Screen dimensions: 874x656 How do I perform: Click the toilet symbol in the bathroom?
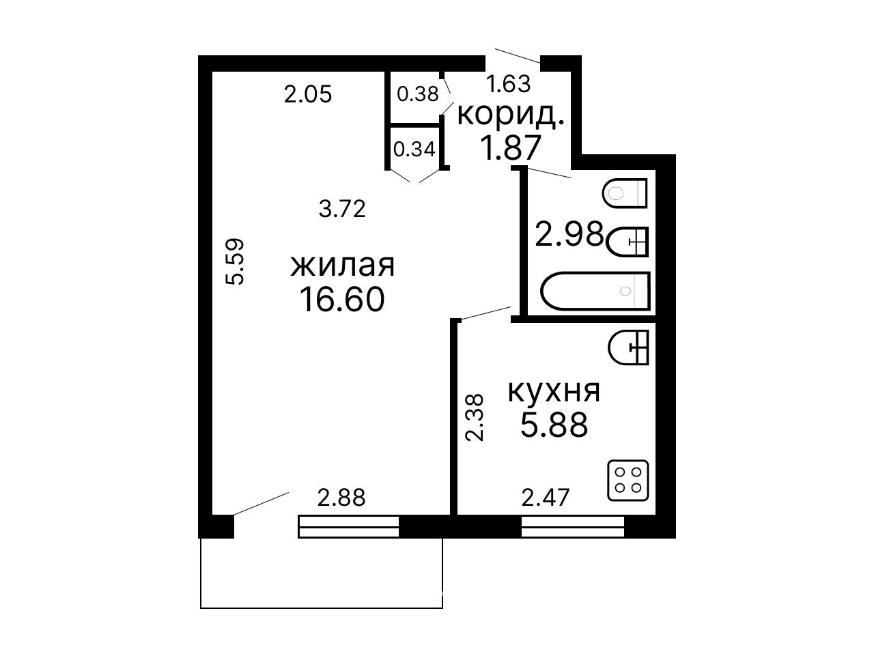pos(625,193)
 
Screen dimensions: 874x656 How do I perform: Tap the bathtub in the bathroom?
pos(595,291)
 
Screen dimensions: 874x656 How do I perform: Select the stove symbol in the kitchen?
pos(628,481)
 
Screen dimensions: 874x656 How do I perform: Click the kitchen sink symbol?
pos(628,347)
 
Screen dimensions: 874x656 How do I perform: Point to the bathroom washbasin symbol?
pos(627,242)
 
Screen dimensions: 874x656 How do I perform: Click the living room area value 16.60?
pos(342,300)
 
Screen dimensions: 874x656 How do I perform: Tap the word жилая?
pos(343,266)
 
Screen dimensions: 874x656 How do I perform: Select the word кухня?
pos(554,391)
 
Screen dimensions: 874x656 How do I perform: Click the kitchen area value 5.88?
pos(554,425)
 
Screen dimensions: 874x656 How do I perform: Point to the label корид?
pos(511,115)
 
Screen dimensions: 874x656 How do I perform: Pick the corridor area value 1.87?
pos(511,147)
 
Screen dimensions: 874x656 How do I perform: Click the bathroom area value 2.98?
pos(569,234)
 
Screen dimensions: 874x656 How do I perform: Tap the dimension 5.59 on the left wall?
pos(234,261)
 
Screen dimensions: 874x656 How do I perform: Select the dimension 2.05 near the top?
pos(308,95)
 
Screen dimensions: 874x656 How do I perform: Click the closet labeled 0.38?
pos(415,97)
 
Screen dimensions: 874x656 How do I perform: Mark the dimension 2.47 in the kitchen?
pos(546,498)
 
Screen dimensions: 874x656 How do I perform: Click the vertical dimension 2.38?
pos(475,418)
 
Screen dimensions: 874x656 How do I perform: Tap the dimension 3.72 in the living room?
pos(342,209)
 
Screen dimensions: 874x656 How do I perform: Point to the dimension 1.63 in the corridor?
pos(509,84)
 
